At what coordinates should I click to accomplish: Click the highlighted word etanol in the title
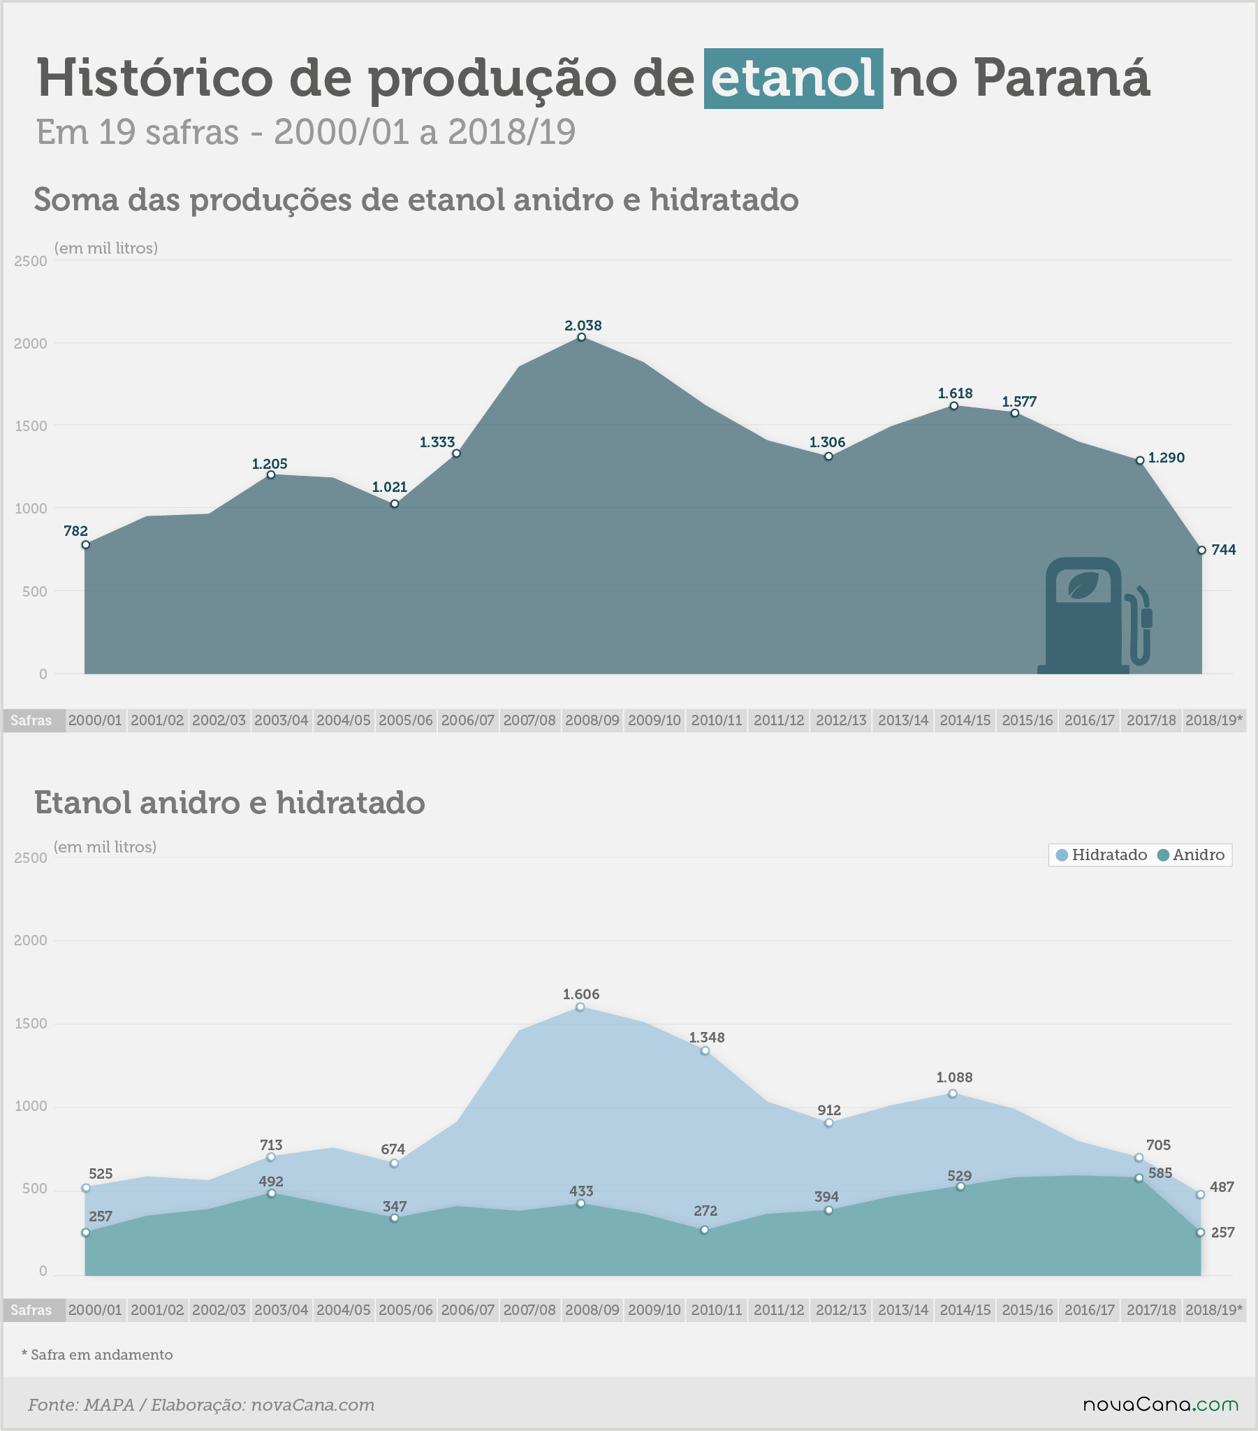793,78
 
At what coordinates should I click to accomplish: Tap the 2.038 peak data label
583,326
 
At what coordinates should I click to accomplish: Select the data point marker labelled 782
85,545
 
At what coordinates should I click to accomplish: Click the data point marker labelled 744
1201,551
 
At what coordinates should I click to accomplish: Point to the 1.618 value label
955,393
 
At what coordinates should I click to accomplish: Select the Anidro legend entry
1191,855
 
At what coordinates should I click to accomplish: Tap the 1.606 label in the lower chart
581,994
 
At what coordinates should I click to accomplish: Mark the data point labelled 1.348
705,1051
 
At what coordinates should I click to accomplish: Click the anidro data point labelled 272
704,1230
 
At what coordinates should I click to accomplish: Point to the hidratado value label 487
1222,1187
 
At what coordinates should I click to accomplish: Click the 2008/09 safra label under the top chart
592,720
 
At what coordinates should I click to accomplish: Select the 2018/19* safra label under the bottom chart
1215,1310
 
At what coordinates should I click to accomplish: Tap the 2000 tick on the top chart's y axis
31,344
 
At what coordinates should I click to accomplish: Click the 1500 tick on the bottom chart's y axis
31,1024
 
